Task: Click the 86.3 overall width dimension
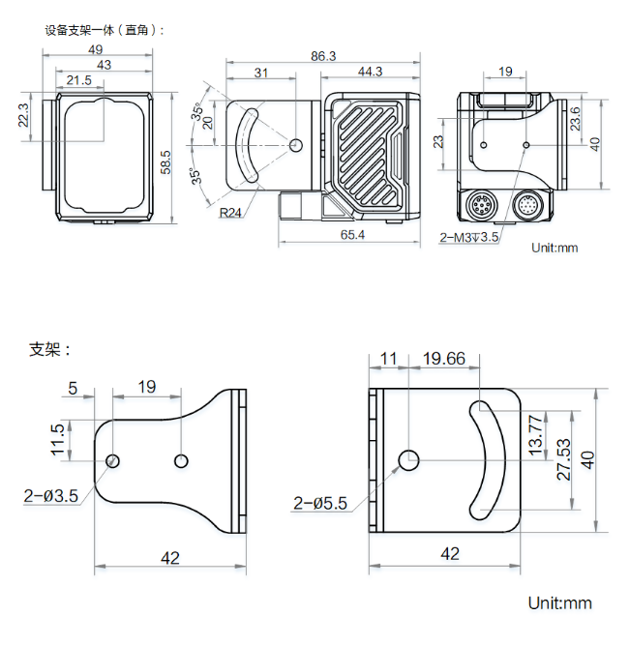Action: (322, 56)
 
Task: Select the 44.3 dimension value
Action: (370, 72)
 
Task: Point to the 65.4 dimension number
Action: (353, 235)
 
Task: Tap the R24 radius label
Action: (230, 214)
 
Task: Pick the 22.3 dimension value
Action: (24, 115)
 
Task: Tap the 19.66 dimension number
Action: (444, 359)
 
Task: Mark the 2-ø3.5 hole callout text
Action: (50, 496)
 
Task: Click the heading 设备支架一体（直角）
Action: (105, 30)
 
